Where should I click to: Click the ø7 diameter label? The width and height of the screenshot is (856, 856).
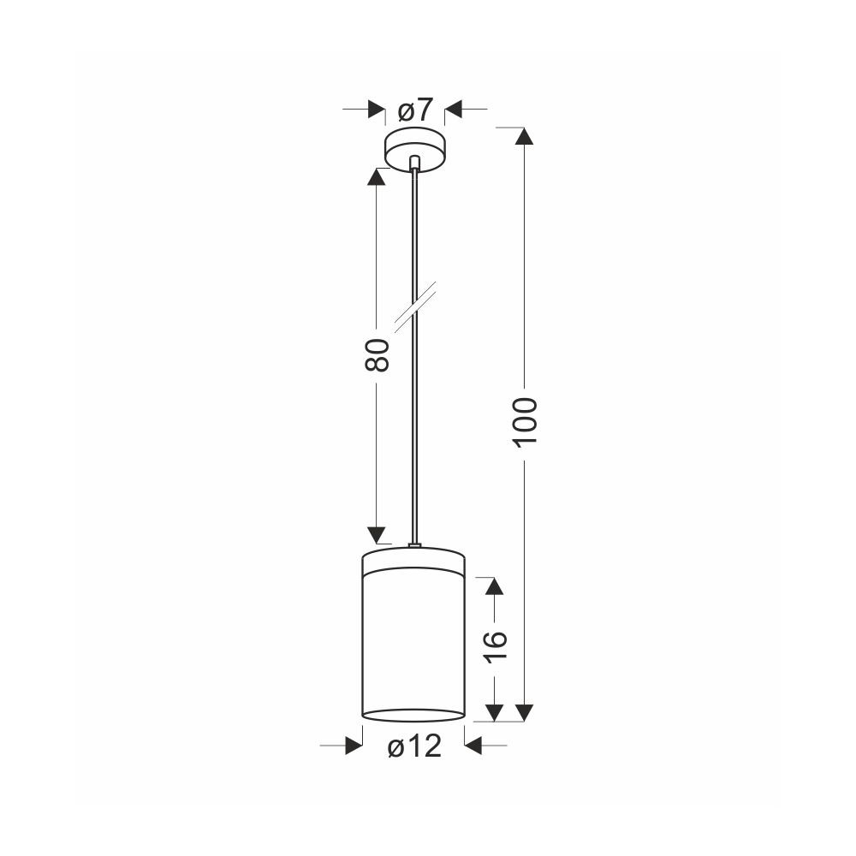coord(415,110)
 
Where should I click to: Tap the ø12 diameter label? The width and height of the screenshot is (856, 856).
coord(414,746)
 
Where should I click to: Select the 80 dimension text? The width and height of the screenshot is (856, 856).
coord(377,355)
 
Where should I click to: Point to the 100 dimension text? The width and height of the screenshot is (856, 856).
coord(526,421)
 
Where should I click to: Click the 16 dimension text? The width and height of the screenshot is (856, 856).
coord(495,646)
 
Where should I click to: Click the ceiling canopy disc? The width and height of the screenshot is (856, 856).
coord(415,150)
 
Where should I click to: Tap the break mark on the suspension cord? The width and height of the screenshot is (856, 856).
coord(415,306)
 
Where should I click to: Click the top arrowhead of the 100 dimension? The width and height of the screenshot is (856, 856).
coord(525,135)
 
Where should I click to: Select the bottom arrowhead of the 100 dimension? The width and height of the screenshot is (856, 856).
coord(525,713)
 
